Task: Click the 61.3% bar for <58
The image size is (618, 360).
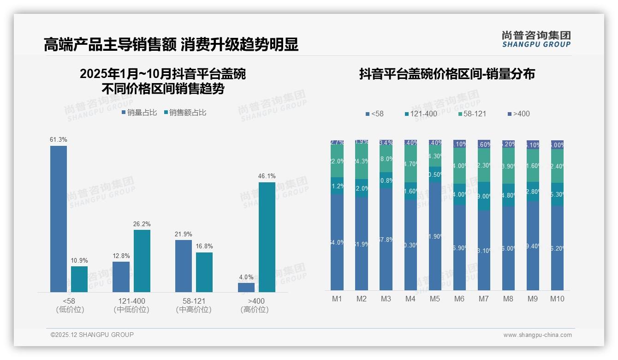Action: [x=59, y=219]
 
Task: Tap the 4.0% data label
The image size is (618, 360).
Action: [x=246, y=277]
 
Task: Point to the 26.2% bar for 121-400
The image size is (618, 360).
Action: [x=142, y=261]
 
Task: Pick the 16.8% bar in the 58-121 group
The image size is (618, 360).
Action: [x=204, y=272]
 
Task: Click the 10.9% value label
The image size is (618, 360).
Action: [x=79, y=260]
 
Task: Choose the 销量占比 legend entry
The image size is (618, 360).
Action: [x=139, y=112]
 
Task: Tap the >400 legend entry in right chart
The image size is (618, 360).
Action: [x=518, y=114]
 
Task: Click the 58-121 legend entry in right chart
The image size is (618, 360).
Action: [x=472, y=114]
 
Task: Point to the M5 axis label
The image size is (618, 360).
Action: [x=435, y=299]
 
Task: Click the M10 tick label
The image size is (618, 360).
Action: [x=557, y=299]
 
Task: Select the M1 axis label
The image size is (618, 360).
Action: [x=337, y=299]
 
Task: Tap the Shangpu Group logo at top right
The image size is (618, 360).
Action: [x=536, y=39]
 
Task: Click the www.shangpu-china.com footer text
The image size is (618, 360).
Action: [x=537, y=335]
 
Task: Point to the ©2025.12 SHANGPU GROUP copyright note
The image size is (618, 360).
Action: [x=92, y=335]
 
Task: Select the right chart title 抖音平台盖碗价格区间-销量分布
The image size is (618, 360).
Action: [x=447, y=74]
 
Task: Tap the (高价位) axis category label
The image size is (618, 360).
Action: [x=254, y=310]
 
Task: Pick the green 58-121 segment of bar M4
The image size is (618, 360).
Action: [x=410, y=163]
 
